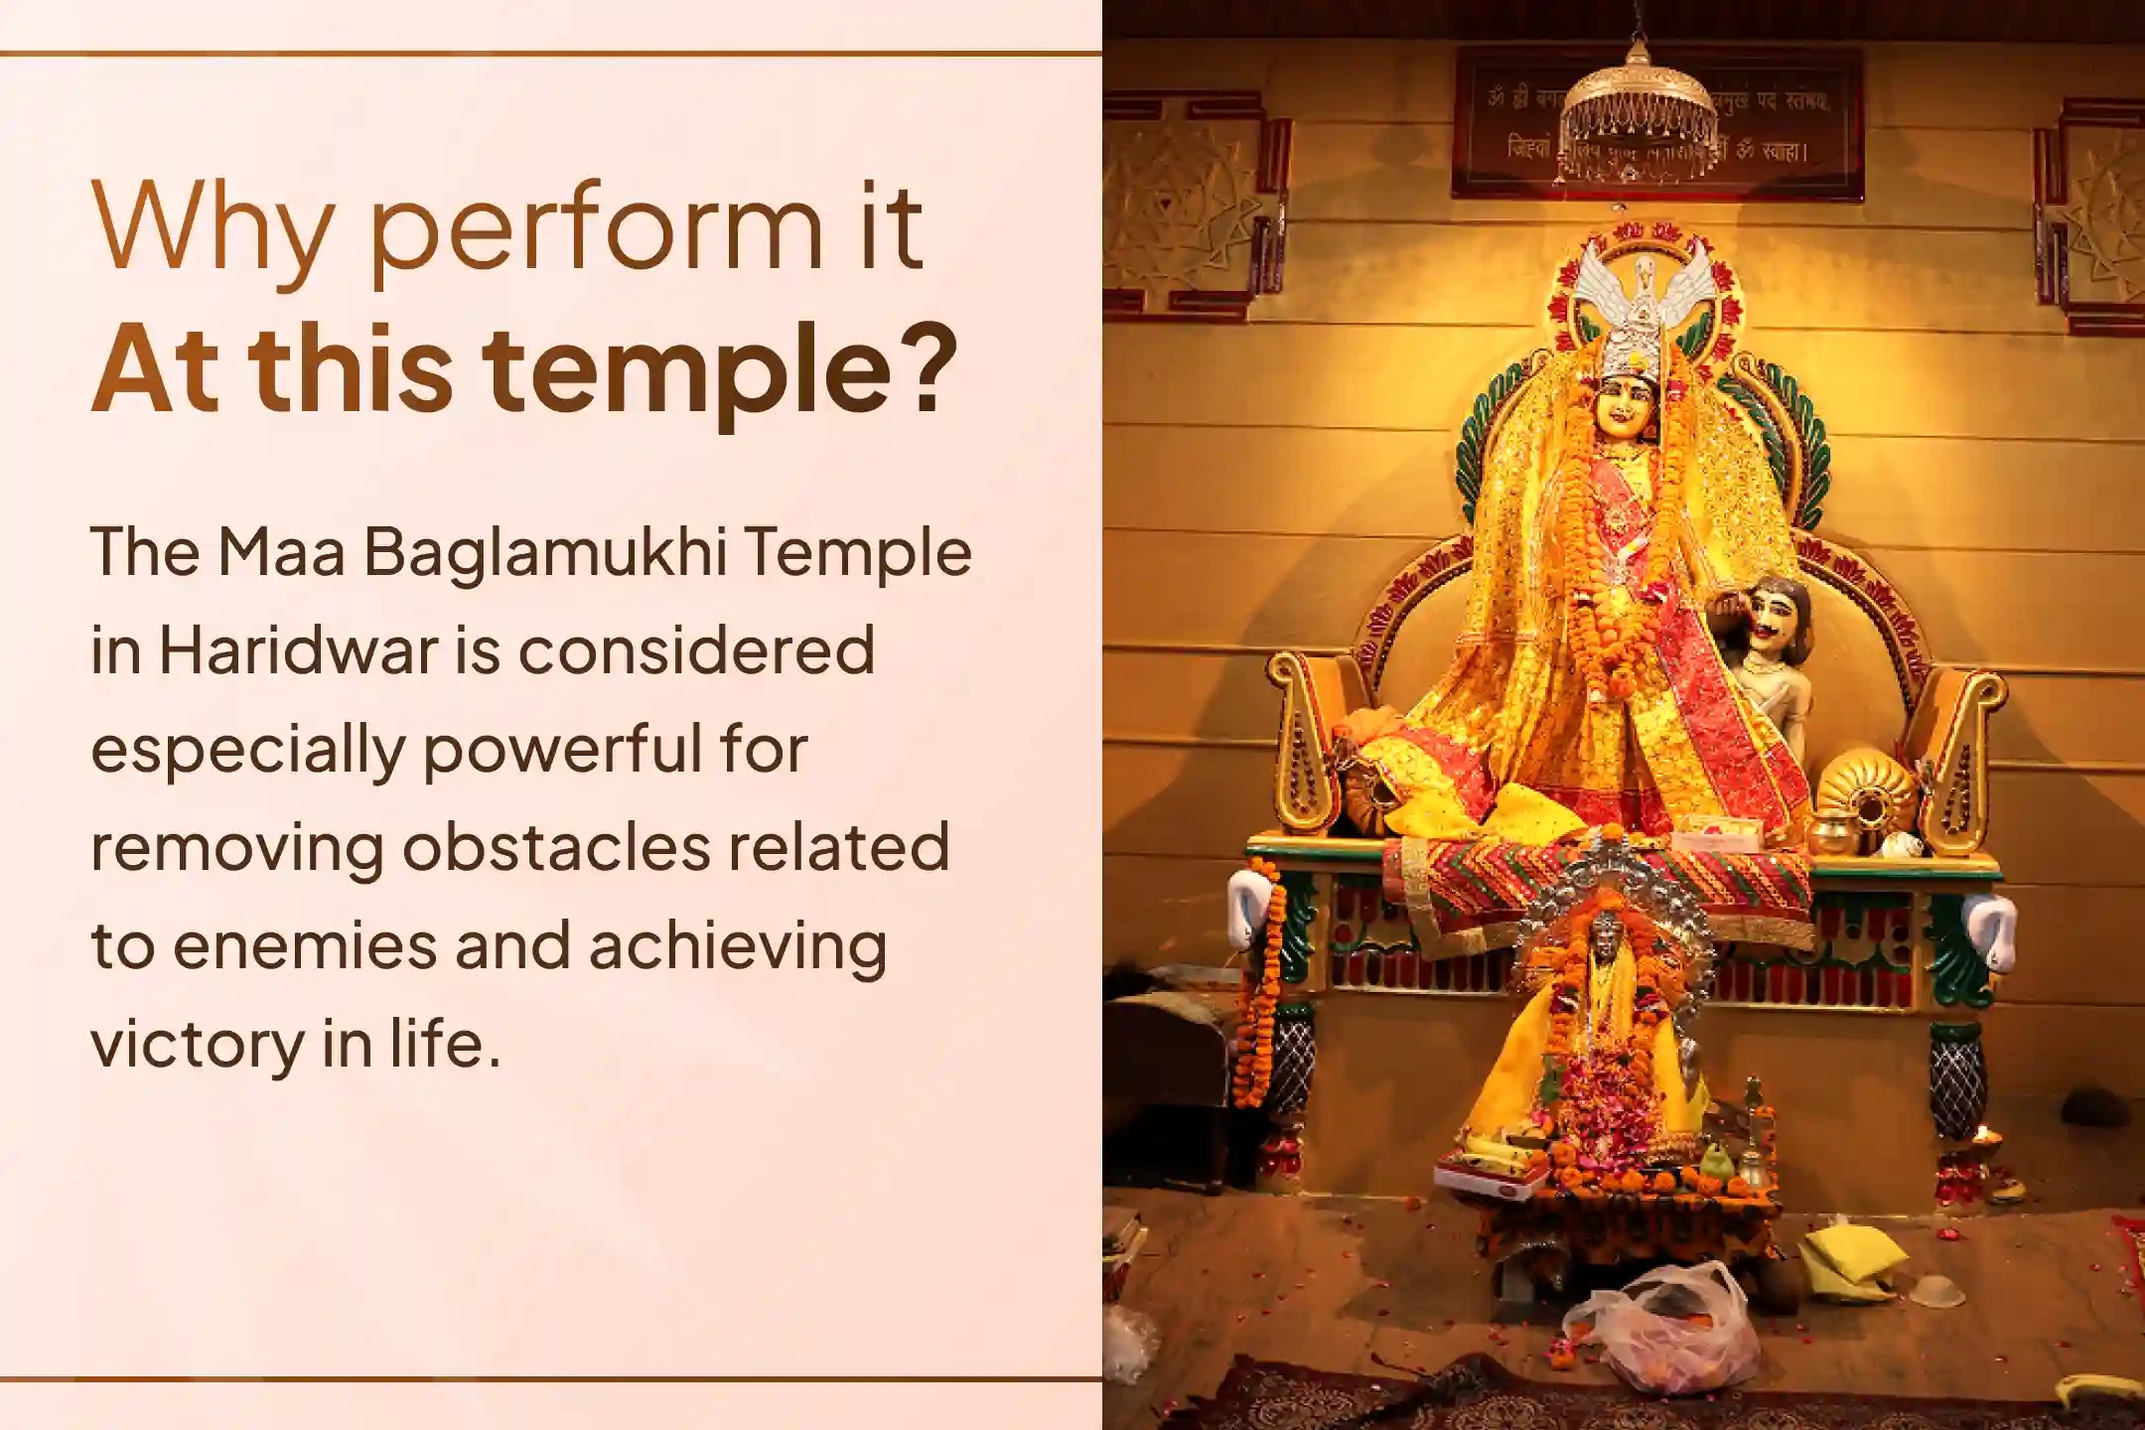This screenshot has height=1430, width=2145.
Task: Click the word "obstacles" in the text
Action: [x=556, y=847]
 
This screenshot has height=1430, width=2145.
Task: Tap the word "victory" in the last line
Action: [x=199, y=1044]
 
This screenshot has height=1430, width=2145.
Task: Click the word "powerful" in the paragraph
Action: [x=562, y=749]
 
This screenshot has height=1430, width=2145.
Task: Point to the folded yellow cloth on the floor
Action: [x=1845, y=1260]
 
